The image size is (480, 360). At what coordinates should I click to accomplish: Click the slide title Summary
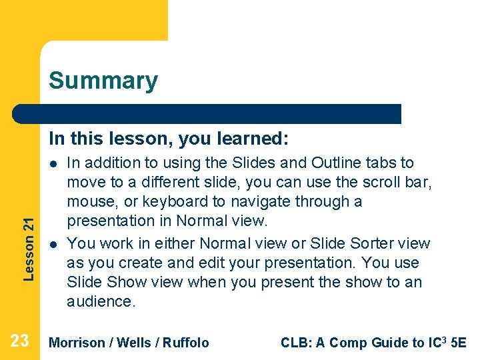pos(103,81)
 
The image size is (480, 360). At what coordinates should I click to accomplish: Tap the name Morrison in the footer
pos(77,343)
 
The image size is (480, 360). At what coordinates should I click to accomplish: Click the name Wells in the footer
pos(132,343)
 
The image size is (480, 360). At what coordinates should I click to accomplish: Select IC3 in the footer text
pos(437,342)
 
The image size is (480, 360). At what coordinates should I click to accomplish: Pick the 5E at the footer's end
pos(459,343)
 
